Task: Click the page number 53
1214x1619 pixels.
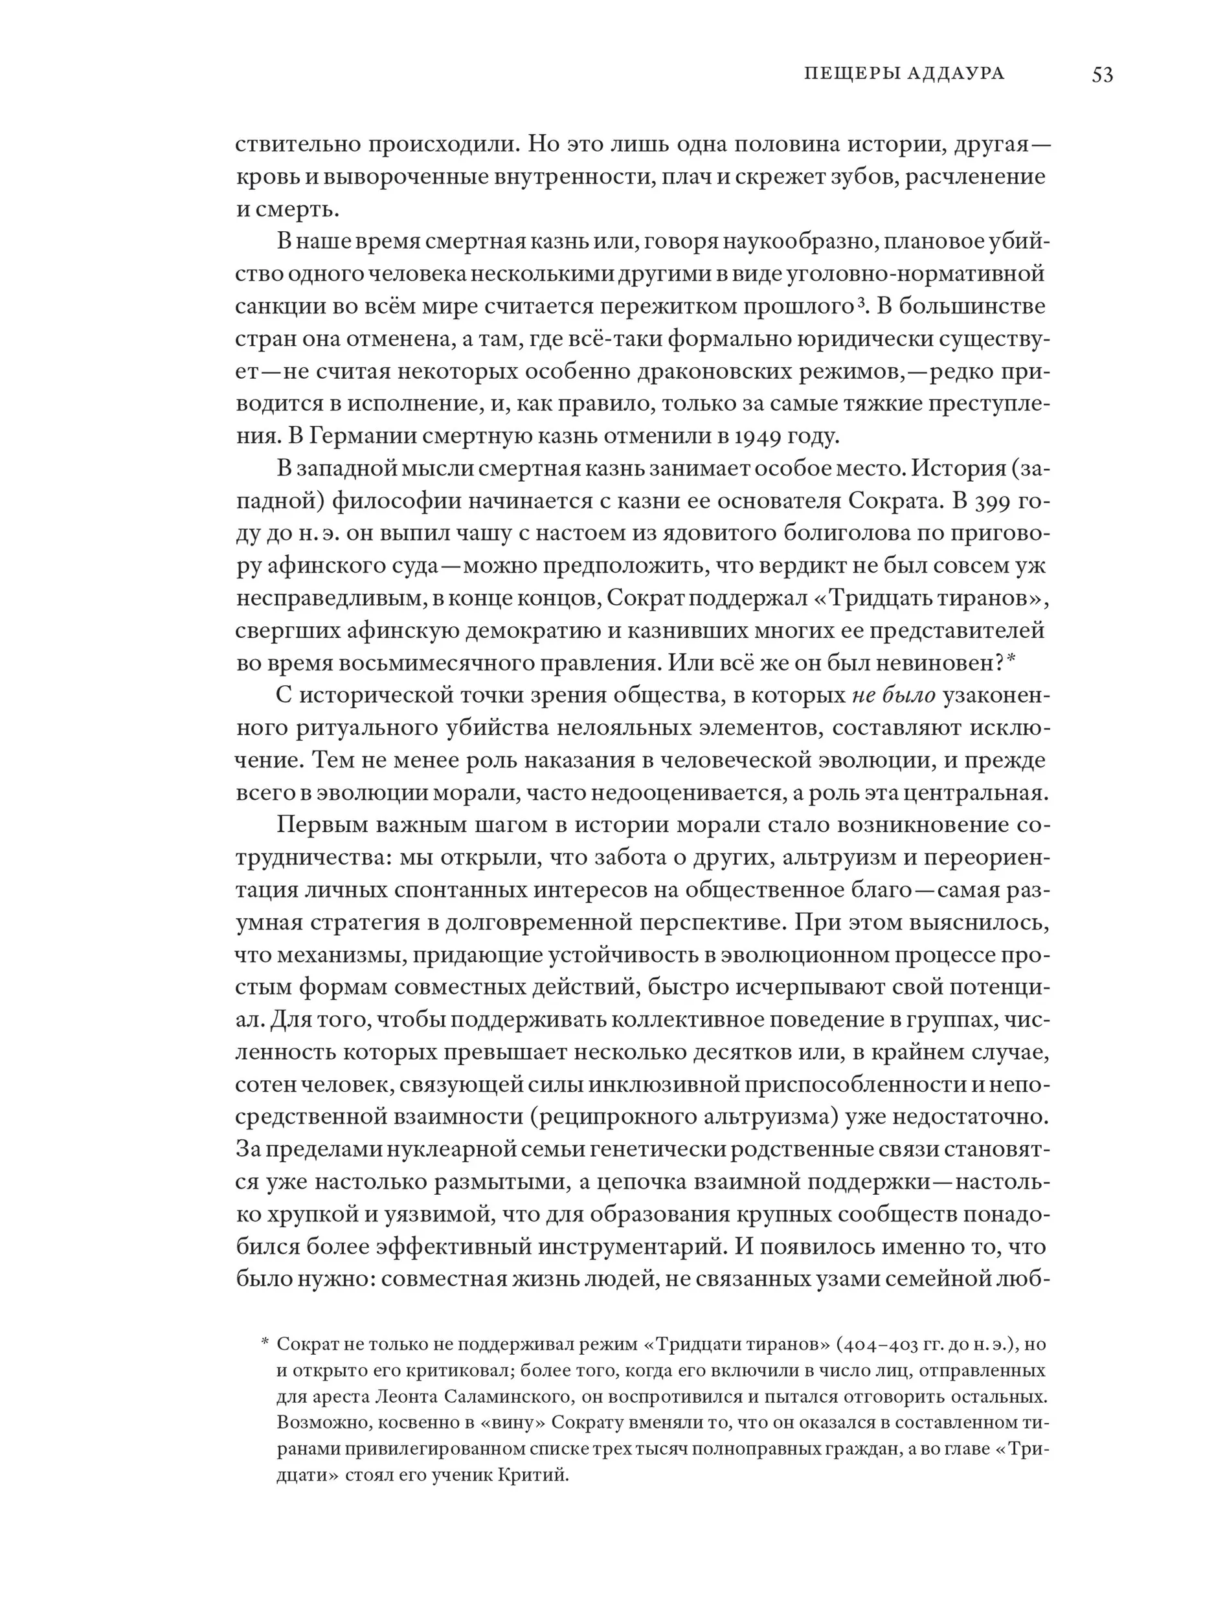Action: coord(1101,74)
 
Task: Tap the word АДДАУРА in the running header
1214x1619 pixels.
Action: coord(956,73)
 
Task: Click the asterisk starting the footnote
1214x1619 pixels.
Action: coord(265,1343)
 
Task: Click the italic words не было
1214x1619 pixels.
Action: coord(894,695)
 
